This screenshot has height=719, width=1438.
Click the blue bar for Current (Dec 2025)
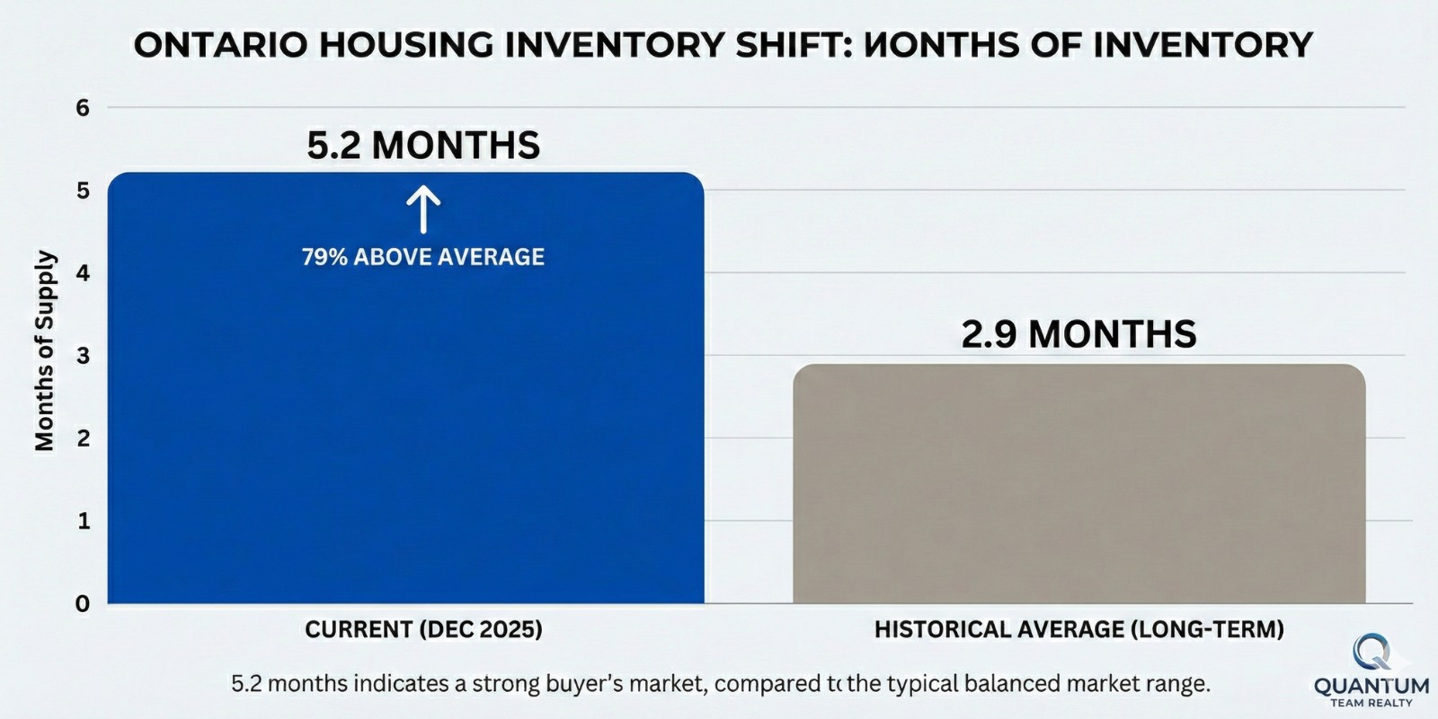pyautogui.click(x=404, y=431)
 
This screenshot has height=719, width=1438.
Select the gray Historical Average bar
pyautogui.click(x=1078, y=485)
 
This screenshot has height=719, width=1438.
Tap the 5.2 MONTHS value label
pyautogui.click(x=423, y=146)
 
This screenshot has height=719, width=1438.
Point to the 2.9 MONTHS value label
pyautogui.click(x=1078, y=334)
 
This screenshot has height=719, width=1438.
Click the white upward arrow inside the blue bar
pyautogui.click(x=422, y=210)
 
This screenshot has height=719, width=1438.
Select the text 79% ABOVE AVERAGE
pyautogui.click(x=423, y=257)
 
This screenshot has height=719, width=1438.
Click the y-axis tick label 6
pyautogui.click(x=84, y=108)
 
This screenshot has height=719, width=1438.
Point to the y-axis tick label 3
pyautogui.click(x=84, y=356)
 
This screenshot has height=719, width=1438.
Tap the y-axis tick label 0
pyautogui.click(x=84, y=604)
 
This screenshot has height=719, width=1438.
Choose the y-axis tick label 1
pyautogui.click(x=84, y=521)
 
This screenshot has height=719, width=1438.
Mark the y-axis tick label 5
pyautogui.click(x=84, y=191)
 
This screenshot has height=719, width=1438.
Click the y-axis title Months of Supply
pyautogui.click(x=45, y=351)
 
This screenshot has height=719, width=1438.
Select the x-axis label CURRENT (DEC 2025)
pyautogui.click(x=423, y=629)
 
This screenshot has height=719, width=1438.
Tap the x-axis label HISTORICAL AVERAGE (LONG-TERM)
pyautogui.click(x=1078, y=629)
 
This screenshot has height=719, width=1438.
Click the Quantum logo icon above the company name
pyautogui.click(x=1371, y=652)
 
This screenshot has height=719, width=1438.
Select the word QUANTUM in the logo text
pyautogui.click(x=1371, y=687)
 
